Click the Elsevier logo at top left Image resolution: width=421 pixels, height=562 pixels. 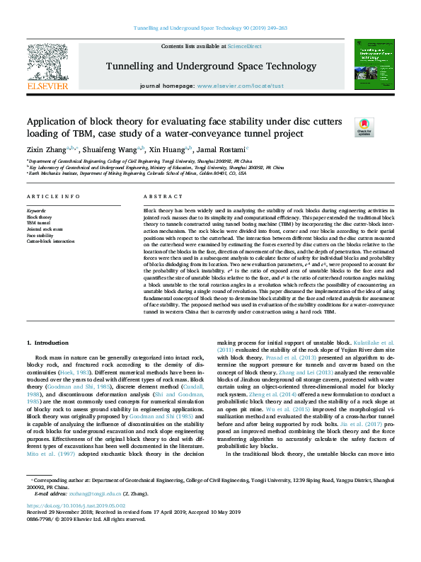coord(47,68)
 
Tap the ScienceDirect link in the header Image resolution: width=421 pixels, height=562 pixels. coord(244,46)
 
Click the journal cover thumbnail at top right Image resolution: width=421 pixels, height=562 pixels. coord(374,65)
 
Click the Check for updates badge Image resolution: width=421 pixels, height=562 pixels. coord(344,126)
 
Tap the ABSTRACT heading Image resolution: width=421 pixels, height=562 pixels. coord(158,196)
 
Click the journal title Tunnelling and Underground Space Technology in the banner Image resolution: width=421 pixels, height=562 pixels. coord(211,67)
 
